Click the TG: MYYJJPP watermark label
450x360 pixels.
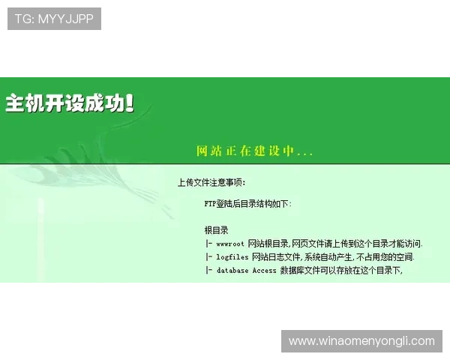coord(54,19)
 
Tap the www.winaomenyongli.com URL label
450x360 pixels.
coord(361,341)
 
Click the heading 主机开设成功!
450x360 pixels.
coord(70,103)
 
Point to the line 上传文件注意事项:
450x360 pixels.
coord(211,182)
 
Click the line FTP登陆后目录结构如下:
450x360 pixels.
coord(247,203)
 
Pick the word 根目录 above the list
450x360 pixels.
coord(216,230)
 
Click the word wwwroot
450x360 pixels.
coord(230,244)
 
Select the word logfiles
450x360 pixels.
coord(232,257)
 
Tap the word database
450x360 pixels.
coord(232,271)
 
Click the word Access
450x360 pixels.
coord(264,271)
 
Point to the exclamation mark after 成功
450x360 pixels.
coord(130,103)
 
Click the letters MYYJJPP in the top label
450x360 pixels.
coord(65,19)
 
